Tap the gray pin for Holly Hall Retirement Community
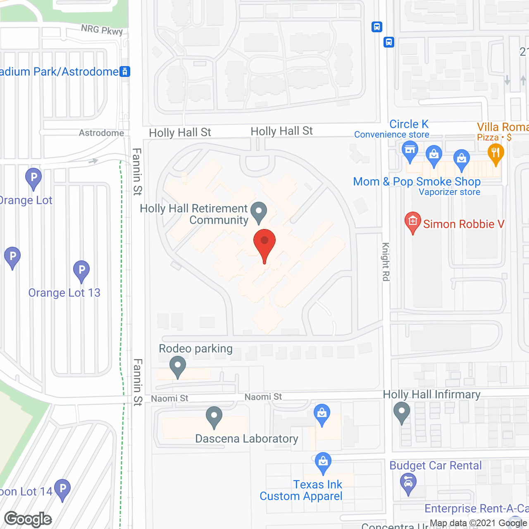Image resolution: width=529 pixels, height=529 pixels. click(x=259, y=212)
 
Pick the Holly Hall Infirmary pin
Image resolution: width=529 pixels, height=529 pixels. click(x=401, y=412)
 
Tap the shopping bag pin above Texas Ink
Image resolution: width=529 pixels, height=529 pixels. click(x=323, y=463)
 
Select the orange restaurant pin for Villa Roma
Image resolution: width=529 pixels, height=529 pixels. click(x=495, y=154)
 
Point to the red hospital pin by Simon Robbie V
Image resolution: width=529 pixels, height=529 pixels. click(x=412, y=222)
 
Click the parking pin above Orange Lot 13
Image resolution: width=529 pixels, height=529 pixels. click(x=81, y=271)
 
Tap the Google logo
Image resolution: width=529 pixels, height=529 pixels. click(x=28, y=519)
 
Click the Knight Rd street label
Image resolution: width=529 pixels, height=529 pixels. click(x=386, y=262)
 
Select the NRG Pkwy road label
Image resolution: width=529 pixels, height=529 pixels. click(x=102, y=30)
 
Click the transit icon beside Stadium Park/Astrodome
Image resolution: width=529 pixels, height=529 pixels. click(x=125, y=71)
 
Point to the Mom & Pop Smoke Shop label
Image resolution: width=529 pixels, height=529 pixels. click(x=417, y=181)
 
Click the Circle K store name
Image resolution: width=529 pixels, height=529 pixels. click(x=409, y=124)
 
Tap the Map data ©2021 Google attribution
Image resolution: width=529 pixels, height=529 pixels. click(x=479, y=523)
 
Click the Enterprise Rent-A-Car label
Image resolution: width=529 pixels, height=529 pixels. click(x=476, y=508)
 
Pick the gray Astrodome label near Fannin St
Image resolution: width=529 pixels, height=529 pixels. click(x=101, y=133)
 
